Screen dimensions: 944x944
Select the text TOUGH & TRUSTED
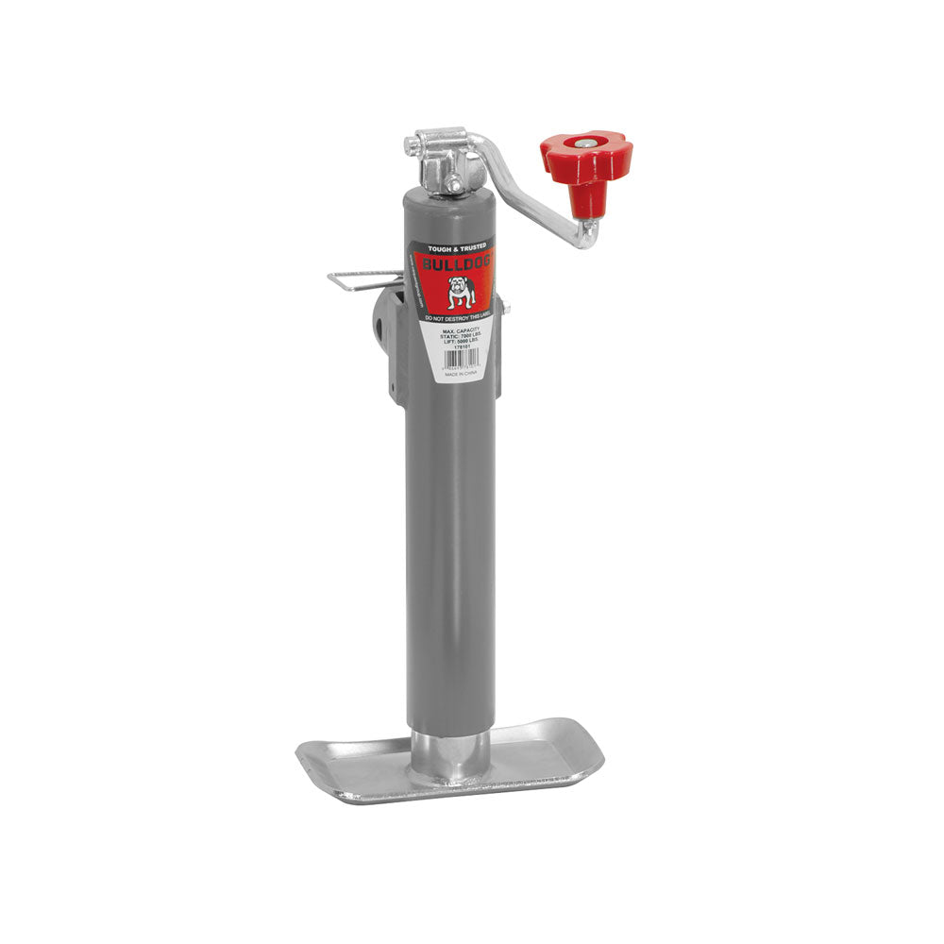coord(456,246)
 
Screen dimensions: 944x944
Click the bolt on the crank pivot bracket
coord(456,183)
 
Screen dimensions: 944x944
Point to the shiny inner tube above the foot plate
coord(449,754)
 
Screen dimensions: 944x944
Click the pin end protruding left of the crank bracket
coord(412,146)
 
